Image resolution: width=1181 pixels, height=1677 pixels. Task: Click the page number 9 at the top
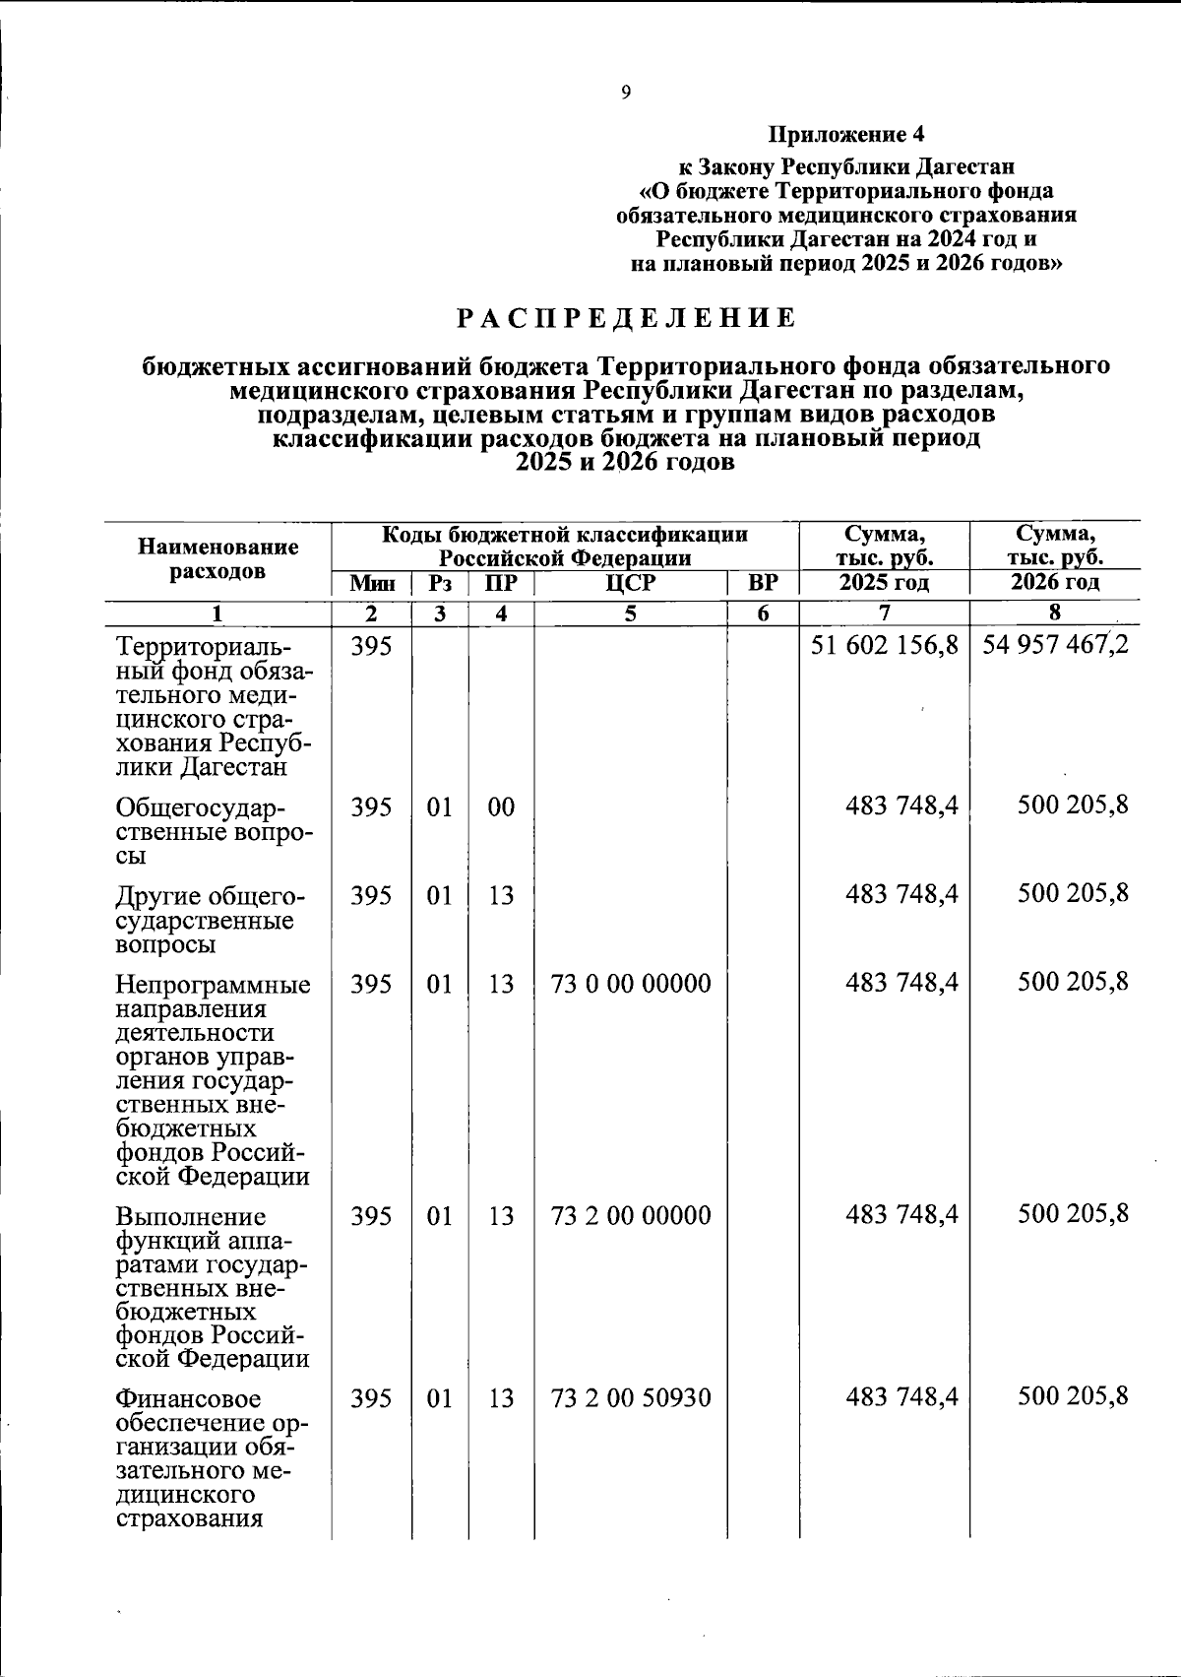(x=626, y=93)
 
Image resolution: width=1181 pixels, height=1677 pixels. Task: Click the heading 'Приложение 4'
(x=846, y=133)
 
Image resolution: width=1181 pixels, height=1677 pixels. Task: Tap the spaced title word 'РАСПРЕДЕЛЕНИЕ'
(x=626, y=318)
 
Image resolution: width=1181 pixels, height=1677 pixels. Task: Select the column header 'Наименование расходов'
(x=218, y=558)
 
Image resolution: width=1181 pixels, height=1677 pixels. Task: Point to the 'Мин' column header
(x=372, y=584)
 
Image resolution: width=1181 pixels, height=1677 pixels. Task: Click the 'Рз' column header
(x=440, y=584)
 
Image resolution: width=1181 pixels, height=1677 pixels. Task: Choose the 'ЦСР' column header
(x=630, y=583)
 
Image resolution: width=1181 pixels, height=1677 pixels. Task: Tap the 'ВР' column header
(x=763, y=583)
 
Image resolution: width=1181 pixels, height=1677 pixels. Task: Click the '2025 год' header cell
(x=884, y=583)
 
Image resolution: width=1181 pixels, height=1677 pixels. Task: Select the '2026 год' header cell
(x=1054, y=582)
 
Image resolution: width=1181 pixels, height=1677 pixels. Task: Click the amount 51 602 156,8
(x=885, y=648)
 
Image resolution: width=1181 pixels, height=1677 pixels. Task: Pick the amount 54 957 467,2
(x=1055, y=648)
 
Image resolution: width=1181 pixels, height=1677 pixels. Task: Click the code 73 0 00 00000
(x=631, y=984)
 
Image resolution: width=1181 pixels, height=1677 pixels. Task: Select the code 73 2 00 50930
(x=631, y=1397)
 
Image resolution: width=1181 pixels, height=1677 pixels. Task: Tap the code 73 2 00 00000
(x=631, y=1215)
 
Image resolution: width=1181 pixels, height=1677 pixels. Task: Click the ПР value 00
(x=501, y=807)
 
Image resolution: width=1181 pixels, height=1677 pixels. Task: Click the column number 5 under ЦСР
(x=630, y=613)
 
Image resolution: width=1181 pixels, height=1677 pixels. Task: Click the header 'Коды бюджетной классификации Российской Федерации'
(x=565, y=547)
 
